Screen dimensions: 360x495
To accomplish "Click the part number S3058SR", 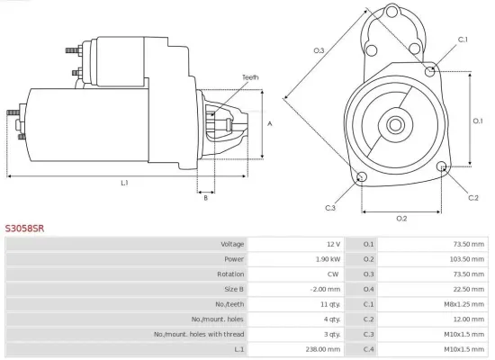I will (25, 229).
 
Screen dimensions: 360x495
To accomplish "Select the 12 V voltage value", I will (333, 244).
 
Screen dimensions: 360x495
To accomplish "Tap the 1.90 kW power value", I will (327, 259).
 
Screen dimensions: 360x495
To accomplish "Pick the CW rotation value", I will (334, 274).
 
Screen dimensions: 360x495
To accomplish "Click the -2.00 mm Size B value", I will (325, 289).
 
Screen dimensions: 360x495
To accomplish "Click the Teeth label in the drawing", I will (250, 78).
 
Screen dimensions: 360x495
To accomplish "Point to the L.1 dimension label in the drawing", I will (124, 183).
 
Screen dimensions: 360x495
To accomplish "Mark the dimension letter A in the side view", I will (269, 123).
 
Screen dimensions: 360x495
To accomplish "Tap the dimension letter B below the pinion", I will (206, 198).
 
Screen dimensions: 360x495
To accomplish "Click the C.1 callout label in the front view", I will (463, 40).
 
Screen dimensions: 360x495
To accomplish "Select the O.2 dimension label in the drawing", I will (401, 219).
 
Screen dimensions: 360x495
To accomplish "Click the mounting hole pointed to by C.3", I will (362, 176).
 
